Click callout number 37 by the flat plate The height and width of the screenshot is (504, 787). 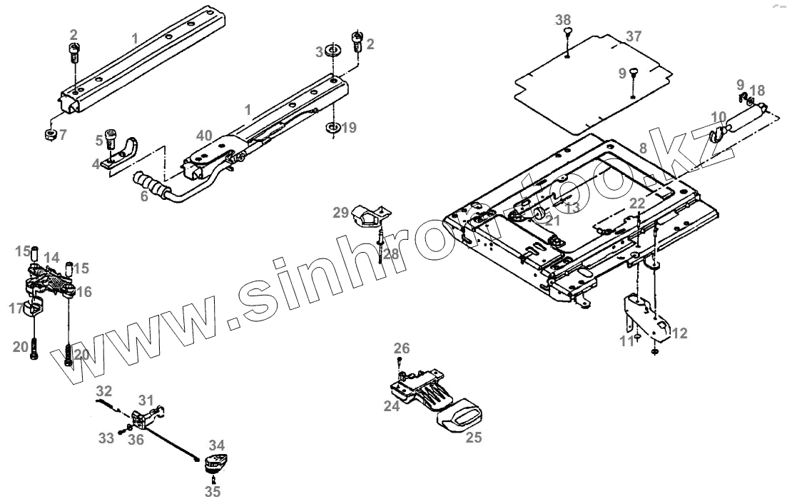634,36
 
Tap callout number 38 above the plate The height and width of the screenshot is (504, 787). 564,19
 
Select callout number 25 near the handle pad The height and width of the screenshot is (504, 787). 474,438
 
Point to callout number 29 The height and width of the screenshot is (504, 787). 340,212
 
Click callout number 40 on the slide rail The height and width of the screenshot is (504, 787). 205,135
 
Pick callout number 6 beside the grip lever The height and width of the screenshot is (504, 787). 144,196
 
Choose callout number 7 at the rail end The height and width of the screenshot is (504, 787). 63,134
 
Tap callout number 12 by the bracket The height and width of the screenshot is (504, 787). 680,333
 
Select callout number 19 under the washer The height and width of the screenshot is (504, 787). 348,128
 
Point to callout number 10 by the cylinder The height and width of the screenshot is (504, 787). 719,116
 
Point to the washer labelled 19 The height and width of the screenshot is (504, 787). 332,127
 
